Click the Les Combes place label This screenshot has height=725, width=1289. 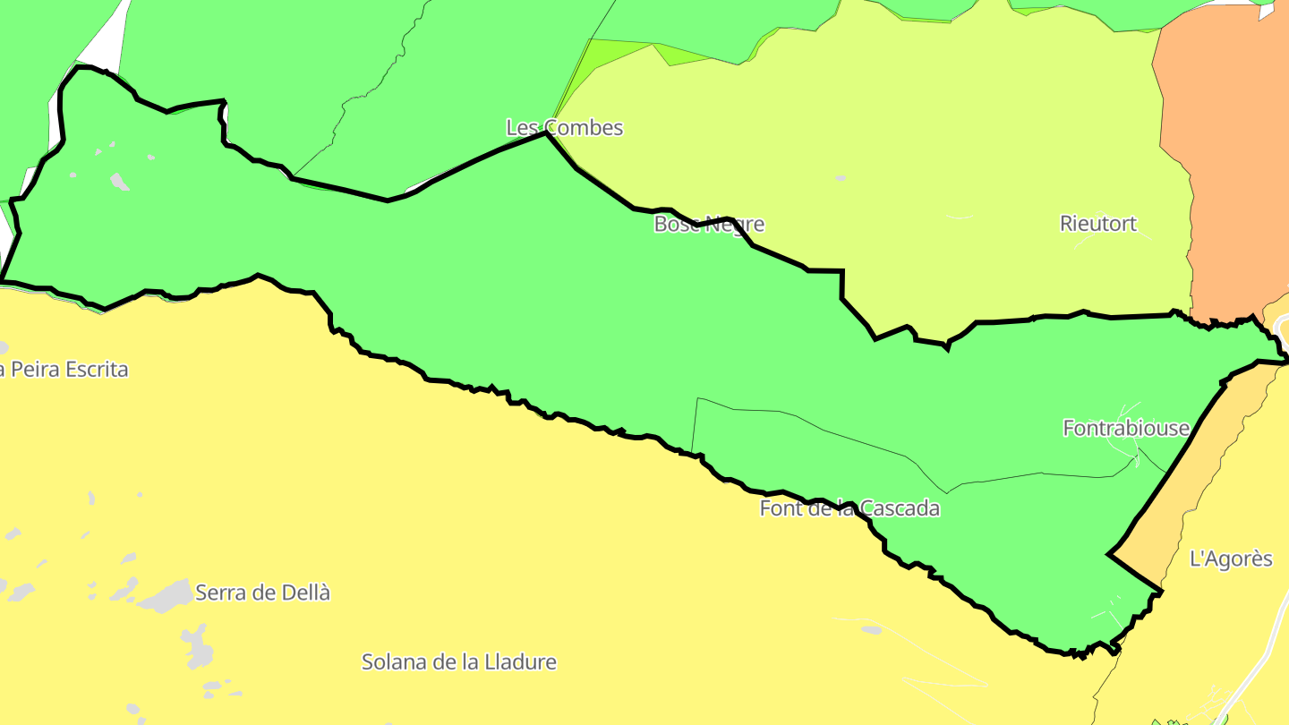pyautogui.click(x=564, y=128)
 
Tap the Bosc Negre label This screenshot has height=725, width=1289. pyautogui.click(x=709, y=224)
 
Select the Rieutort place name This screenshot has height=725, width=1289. pyautogui.click(x=1097, y=224)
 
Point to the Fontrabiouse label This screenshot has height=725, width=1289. pyautogui.click(x=1125, y=428)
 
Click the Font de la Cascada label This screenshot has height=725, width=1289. pyautogui.click(x=849, y=509)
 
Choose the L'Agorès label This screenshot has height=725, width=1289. pyautogui.click(x=1230, y=559)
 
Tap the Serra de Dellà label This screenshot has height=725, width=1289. pyautogui.click(x=262, y=593)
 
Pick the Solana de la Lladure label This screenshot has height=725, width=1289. pyautogui.click(x=458, y=662)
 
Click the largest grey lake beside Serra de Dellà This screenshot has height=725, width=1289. pyautogui.click(x=166, y=595)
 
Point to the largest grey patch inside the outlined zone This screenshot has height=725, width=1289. pyautogui.click(x=119, y=182)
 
